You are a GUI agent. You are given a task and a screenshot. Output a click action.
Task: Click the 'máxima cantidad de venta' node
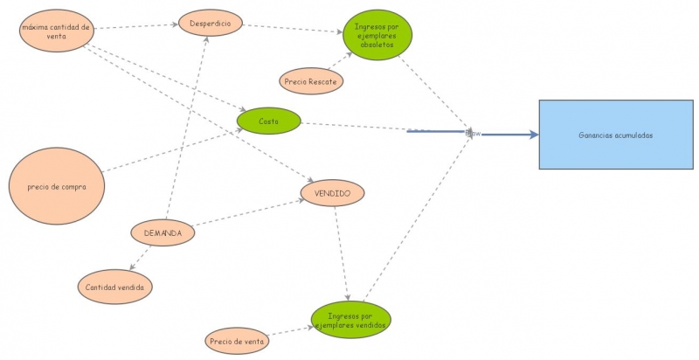click(56, 31)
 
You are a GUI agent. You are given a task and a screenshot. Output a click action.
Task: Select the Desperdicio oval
click(210, 24)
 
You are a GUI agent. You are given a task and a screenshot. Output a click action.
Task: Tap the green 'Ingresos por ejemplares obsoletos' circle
click(377, 35)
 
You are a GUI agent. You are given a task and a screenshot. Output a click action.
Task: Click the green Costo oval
click(268, 121)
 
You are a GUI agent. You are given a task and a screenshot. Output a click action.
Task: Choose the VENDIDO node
click(332, 191)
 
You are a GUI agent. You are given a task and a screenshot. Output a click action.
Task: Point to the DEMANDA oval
click(163, 233)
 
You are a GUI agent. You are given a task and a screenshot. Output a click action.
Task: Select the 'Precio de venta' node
click(238, 340)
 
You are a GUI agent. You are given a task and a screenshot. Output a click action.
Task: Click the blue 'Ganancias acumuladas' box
click(615, 135)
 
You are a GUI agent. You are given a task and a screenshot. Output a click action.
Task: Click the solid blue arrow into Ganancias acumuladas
click(507, 135)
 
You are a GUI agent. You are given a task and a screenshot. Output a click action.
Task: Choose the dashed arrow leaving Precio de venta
click(290, 332)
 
